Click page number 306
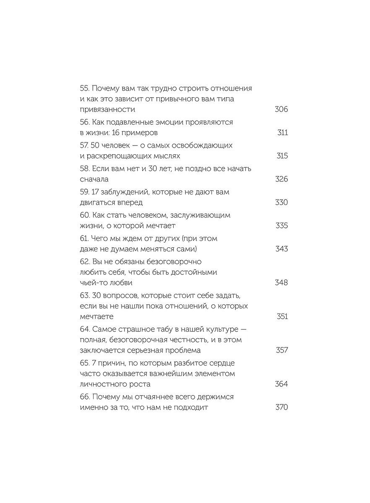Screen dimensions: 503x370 point(281,109)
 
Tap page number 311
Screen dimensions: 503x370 point(282,133)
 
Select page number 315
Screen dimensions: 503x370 point(282,156)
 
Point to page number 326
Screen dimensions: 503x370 point(281,179)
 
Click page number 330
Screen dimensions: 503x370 point(281,202)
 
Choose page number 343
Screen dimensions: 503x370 point(281,249)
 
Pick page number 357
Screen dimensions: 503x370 point(281,350)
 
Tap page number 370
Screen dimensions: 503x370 point(281,407)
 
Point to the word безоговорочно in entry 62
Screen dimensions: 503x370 point(169,262)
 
